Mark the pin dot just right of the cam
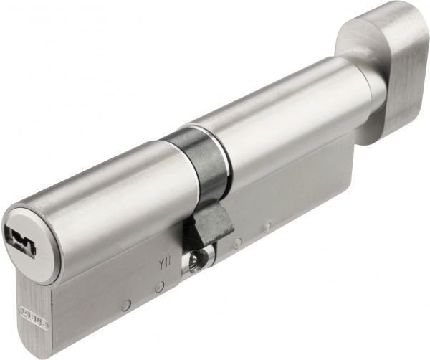[236, 243]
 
